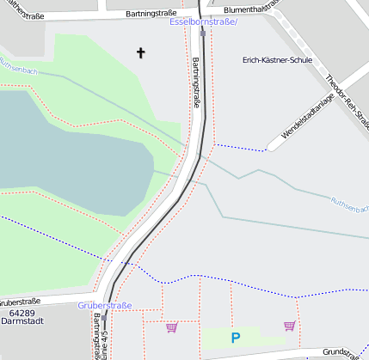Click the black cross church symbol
[141, 53]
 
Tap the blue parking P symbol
[235, 339]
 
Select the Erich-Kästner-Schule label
[277, 61]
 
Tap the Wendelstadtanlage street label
[306, 120]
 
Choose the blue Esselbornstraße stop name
[203, 21]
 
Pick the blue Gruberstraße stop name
[104, 306]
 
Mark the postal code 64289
[16, 314]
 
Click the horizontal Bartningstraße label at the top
[151, 14]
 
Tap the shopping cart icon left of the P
[171, 326]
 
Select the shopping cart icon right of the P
[289, 326]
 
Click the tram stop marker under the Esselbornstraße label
[202, 34]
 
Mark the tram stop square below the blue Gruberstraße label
[102, 316]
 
